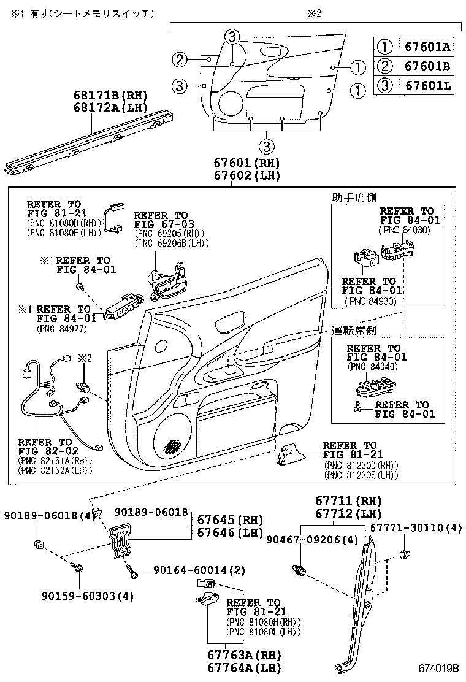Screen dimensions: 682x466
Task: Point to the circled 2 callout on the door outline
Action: pyautogui.click(x=178, y=59)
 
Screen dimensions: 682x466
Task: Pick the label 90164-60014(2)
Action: pyautogui.click(x=183, y=570)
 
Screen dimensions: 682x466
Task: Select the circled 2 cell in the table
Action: pyautogui.click(x=384, y=66)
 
